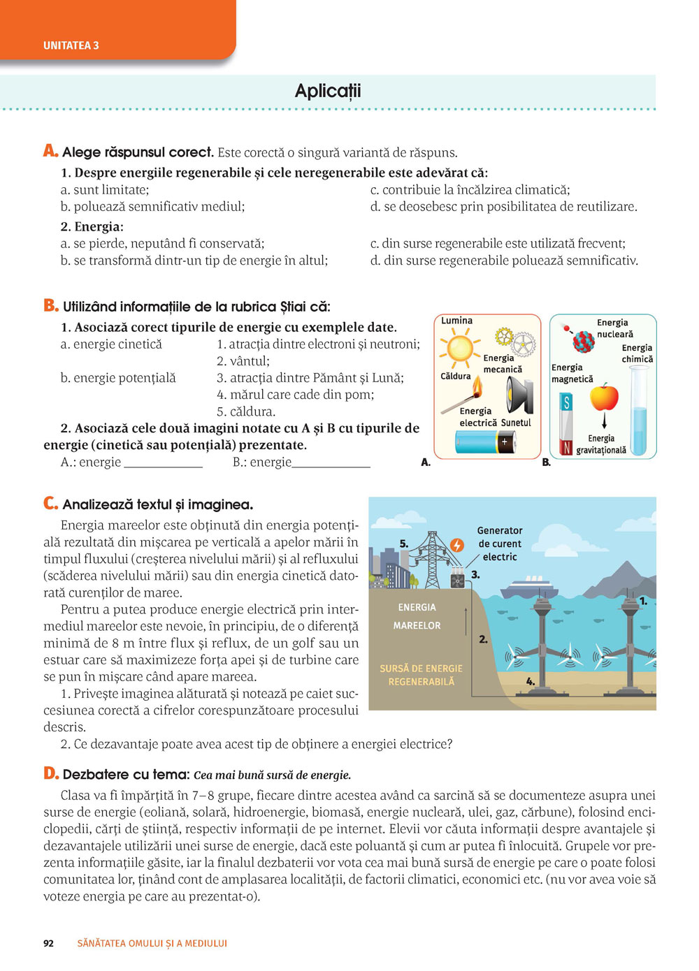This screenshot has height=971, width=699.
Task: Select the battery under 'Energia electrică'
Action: coord(486,442)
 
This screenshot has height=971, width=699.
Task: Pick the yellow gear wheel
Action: coord(504,337)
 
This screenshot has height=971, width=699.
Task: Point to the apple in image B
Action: coord(604,397)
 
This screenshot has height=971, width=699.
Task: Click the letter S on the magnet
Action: coord(567,402)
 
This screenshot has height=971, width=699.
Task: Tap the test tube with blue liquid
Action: coord(639,412)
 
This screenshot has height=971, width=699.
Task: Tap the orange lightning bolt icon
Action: coord(457,545)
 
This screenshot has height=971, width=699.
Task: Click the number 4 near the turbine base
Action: coord(531,681)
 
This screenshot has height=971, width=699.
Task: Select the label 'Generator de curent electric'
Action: coord(499,543)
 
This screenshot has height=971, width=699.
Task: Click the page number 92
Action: coord(48,943)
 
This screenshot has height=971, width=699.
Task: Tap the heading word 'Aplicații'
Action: coord(328,91)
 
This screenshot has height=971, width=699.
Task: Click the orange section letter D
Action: coord(50,773)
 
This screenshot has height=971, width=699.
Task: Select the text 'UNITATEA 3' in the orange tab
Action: coord(71,45)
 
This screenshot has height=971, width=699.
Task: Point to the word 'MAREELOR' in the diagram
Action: coord(417,625)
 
